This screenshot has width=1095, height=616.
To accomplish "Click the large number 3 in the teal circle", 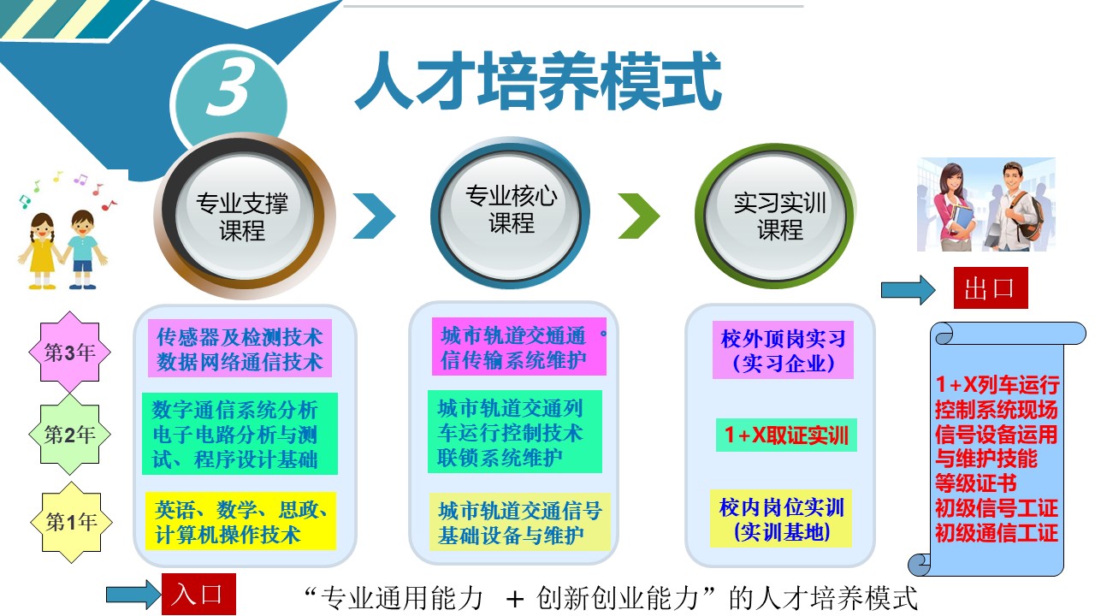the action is [x=228, y=86].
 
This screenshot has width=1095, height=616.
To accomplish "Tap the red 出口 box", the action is [x=991, y=287].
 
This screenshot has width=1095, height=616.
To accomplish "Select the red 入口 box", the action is [x=198, y=594].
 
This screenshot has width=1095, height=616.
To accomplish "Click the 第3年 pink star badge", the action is [x=70, y=352].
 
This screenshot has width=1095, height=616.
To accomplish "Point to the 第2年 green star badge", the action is [x=70, y=434].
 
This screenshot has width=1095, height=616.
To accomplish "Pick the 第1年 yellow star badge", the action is [x=71, y=522].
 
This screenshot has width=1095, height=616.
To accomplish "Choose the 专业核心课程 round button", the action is [x=511, y=213].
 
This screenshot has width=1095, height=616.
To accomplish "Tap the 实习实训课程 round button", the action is [x=774, y=215].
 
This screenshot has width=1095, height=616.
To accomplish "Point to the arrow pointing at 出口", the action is [x=909, y=289].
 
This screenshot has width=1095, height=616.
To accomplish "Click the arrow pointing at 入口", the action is [x=133, y=595].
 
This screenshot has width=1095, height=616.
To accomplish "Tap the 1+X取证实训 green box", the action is [x=786, y=435].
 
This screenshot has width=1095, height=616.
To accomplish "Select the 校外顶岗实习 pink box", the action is [x=783, y=350].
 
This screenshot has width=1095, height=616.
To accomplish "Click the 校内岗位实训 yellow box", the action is [x=781, y=518].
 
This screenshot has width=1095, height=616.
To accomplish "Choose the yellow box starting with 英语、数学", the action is [x=240, y=521].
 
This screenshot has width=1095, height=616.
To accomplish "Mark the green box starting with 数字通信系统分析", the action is [x=240, y=434].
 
